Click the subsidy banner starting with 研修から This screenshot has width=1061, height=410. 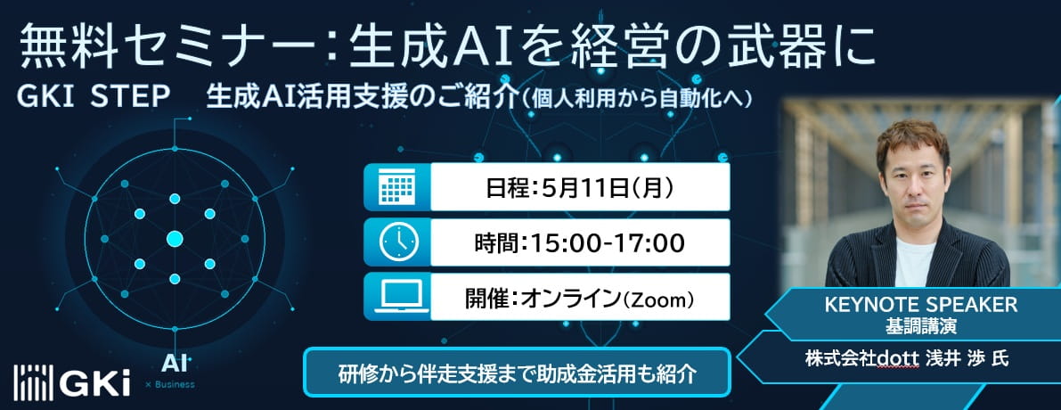[518, 371]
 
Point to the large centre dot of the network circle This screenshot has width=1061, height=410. [175, 238]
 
